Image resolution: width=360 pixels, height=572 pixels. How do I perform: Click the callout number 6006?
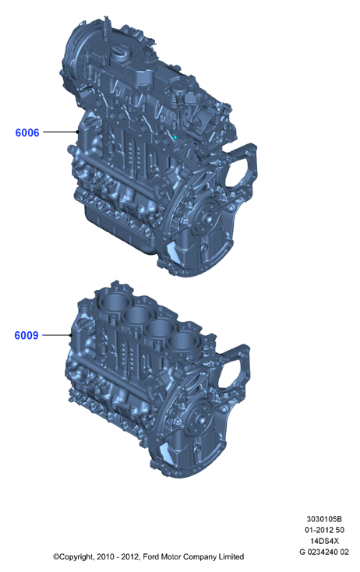27,132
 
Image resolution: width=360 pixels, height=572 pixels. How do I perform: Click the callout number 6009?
26,335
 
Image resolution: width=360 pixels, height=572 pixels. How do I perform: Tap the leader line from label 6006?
61,132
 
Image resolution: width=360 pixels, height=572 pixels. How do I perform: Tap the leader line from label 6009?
57,335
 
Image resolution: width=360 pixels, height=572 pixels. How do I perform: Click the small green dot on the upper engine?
175,137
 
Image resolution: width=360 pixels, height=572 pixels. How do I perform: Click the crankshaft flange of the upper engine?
206,218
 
